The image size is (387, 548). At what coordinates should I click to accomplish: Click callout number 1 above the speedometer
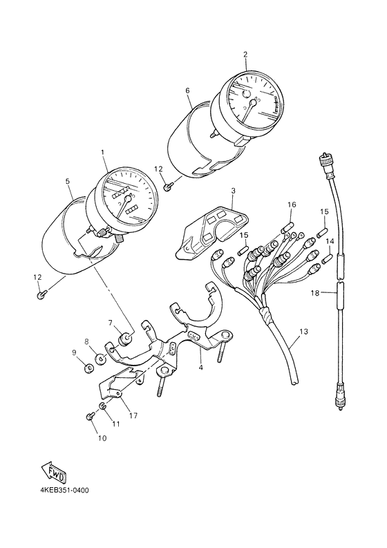point(103,153)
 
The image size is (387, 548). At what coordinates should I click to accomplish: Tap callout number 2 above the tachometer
point(245,54)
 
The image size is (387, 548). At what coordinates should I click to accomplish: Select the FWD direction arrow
point(53,471)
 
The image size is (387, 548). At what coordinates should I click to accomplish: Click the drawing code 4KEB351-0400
point(65,491)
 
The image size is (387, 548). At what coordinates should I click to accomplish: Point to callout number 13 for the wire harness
point(304,331)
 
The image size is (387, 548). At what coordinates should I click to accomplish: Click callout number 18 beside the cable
point(315,293)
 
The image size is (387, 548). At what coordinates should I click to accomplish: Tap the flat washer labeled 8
point(101,359)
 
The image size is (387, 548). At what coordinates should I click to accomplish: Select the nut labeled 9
point(88,368)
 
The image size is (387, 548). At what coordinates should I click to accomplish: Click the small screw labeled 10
point(88,416)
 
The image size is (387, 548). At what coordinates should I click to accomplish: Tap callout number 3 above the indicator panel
point(233,191)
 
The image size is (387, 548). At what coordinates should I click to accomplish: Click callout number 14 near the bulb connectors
point(330,241)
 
